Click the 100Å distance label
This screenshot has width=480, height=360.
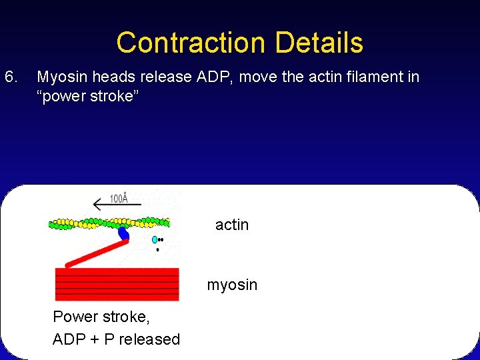tap(118, 199)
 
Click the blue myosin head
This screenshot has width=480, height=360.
tap(123, 233)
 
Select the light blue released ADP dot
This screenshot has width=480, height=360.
tap(155, 239)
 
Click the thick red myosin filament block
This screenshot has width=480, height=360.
tap(117, 284)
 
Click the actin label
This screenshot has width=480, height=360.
tap(232, 225)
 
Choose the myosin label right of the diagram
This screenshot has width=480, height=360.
tap(232, 285)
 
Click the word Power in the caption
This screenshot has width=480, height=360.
tap(75, 317)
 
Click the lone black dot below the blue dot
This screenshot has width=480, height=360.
tap(157, 250)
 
